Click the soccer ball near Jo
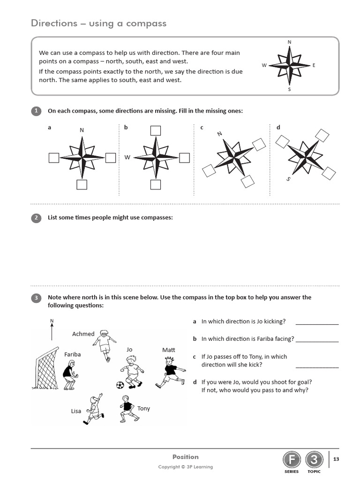120,385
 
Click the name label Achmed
83,334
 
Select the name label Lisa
76,411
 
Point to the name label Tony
143,408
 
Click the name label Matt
168,350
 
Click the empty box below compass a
82,185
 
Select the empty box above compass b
156,130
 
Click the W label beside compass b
127,157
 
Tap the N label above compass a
82,130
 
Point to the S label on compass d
288,179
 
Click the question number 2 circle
36,218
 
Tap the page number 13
336,459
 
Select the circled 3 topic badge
314,460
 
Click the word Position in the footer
185,457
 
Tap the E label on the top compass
314,65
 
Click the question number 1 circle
36,111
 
